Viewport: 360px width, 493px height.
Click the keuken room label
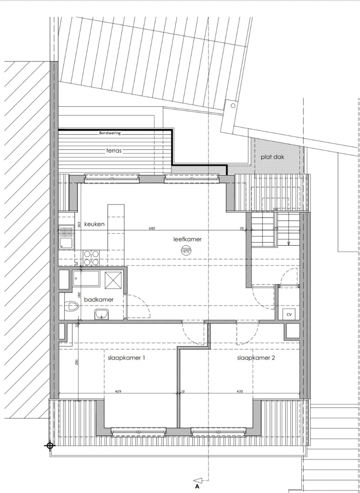(94, 224)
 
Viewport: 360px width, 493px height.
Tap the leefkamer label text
(187, 239)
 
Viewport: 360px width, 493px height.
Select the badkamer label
(99, 300)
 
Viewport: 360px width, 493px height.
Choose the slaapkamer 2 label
(256, 358)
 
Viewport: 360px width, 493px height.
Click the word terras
(114, 150)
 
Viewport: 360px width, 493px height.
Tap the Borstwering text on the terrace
(110, 133)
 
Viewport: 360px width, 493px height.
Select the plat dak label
(272, 157)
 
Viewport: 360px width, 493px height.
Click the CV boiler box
(289, 314)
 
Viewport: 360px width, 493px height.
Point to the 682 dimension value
(152, 228)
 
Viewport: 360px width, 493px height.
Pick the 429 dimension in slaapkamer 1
(118, 391)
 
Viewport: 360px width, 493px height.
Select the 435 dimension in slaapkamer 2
(240, 391)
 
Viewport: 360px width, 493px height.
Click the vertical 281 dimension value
(76, 362)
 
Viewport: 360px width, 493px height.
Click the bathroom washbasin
(101, 314)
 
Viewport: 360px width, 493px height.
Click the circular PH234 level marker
(185, 250)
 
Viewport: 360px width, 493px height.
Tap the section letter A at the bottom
(197, 486)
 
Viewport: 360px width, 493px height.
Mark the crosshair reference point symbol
(50, 445)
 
